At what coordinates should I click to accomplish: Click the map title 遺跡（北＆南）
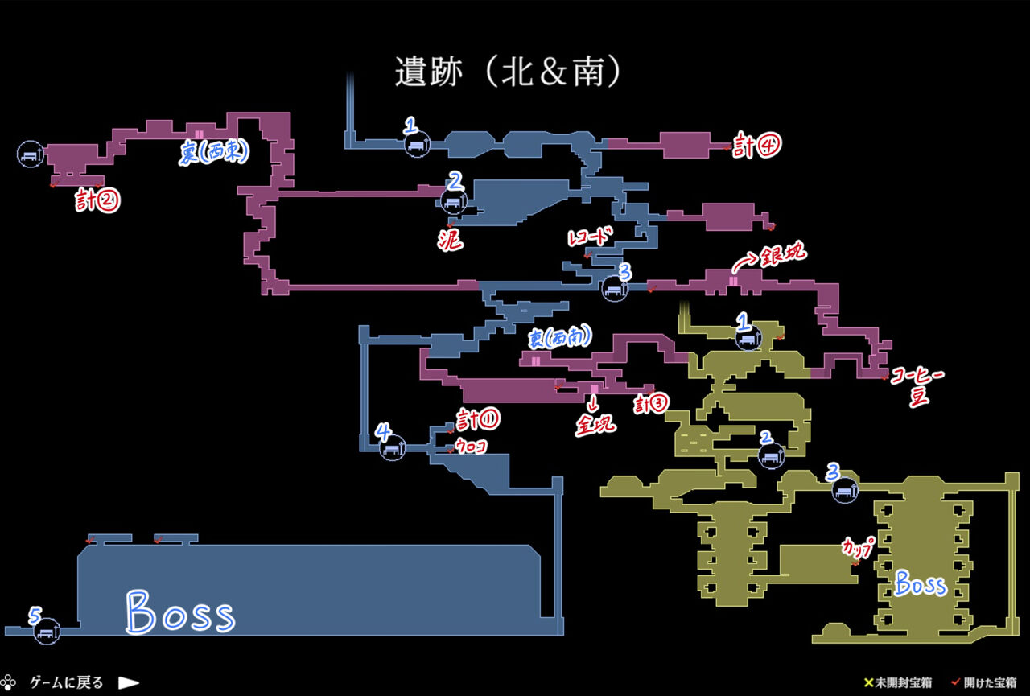tap(509, 72)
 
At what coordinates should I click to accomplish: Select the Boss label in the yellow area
tap(920, 583)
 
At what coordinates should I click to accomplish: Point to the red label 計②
tap(98, 200)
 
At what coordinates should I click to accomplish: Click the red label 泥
tap(451, 239)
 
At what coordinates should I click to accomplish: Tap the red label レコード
tap(591, 238)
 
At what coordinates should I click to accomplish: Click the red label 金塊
tap(595, 423)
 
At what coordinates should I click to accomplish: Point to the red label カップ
tap(857, 547)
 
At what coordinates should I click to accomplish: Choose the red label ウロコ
tap(472, 446)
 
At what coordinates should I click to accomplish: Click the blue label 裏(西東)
tap(213, 153)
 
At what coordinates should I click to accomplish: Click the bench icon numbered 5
tap(47, 632)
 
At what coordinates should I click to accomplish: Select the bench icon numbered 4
tap(393, 448)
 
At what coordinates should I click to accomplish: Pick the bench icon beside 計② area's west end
tap(30, 153)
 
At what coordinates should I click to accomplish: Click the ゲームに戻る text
tap(67, 682)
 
